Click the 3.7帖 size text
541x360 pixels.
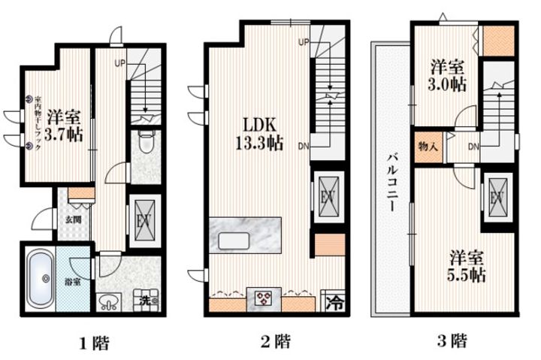(x=63, y=136)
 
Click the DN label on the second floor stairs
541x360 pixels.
(x=302, y=146)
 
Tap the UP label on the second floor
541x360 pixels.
(x=304, y=41)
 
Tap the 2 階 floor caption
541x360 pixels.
(x=275, y=342)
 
